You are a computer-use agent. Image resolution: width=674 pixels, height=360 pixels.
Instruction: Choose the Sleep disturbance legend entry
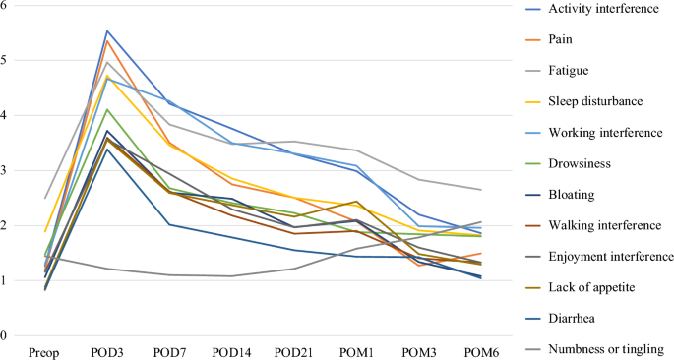tap(595, 101)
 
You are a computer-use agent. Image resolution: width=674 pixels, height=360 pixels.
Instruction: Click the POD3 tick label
tap(106, 353)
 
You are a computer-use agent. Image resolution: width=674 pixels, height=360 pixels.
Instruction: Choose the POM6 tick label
tap(481, 353)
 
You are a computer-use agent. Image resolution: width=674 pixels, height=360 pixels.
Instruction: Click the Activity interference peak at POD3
tap(107, 30)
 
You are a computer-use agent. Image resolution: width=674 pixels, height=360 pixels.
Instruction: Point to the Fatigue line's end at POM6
tap(481, 190)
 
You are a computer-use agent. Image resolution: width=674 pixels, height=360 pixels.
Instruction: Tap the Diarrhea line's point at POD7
tap(170, 224)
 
